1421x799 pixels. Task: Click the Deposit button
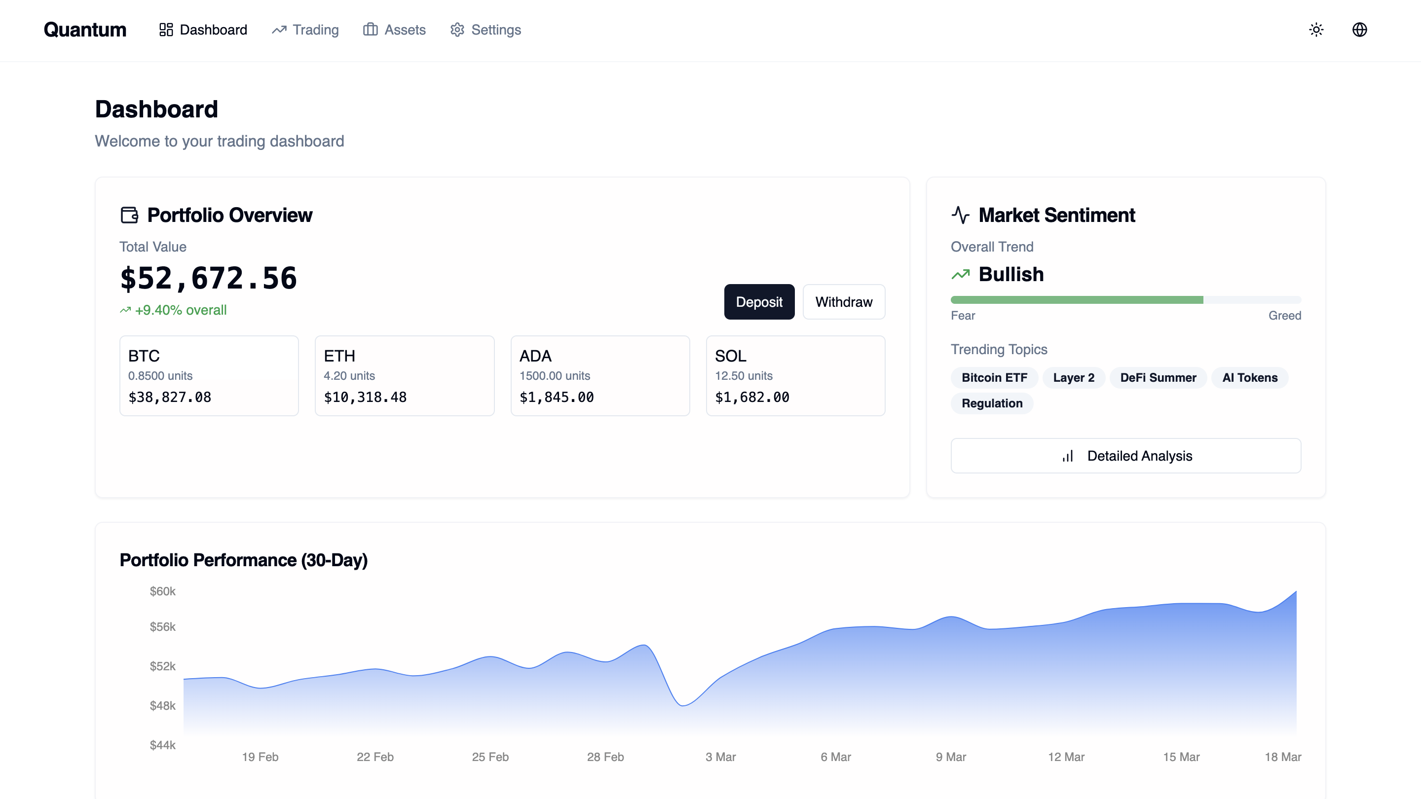pos(759,302)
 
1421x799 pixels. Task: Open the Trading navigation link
pos(305,30)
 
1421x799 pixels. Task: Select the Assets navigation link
pos(394,30)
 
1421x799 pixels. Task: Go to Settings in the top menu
pos(486,30)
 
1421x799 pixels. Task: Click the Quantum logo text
pos(85,30)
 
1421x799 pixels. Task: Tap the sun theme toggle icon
pos(1316,30)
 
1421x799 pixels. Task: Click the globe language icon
pos(1359,30)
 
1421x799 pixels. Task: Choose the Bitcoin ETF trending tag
pos(994,378)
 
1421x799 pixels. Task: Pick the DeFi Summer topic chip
pos(1158,378)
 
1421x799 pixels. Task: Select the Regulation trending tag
pos(992,403)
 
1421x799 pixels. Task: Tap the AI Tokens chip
pos(1249,378)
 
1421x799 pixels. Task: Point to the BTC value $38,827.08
pos(170,397)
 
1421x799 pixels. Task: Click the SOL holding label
pos(730,356)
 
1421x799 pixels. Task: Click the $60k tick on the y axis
pos(163,591)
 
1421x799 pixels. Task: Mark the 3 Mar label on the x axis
pos(720,757)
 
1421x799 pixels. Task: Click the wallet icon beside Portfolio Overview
pos(129,215)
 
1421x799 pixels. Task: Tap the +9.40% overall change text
pos(181,310)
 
